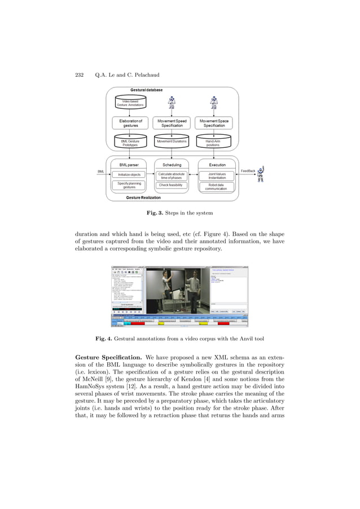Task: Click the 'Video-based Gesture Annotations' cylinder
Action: [x=130, y=103]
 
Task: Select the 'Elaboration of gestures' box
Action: [x=130, y=123]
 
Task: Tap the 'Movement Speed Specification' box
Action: [x=172, y=123]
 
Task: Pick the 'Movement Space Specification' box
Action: [x=214, y=123]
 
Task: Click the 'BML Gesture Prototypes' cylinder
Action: [x=130, y=142]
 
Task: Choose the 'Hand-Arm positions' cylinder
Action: [x=213, y=142]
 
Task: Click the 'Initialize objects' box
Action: [x=129, y=174]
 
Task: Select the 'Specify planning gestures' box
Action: [x=129, y=186]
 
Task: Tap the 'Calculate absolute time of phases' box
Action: [x=172, y=175]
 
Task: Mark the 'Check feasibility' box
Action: [x=172, y=185]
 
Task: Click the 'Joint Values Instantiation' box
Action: [x=213, y=175]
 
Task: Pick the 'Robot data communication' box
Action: [x=213, y=187]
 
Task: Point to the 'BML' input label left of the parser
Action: [x=101, y=171]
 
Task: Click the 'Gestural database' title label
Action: [x=146, y=90]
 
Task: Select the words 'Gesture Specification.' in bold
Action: [x=108, y=358]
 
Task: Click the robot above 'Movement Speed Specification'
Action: [x=172, y=103]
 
